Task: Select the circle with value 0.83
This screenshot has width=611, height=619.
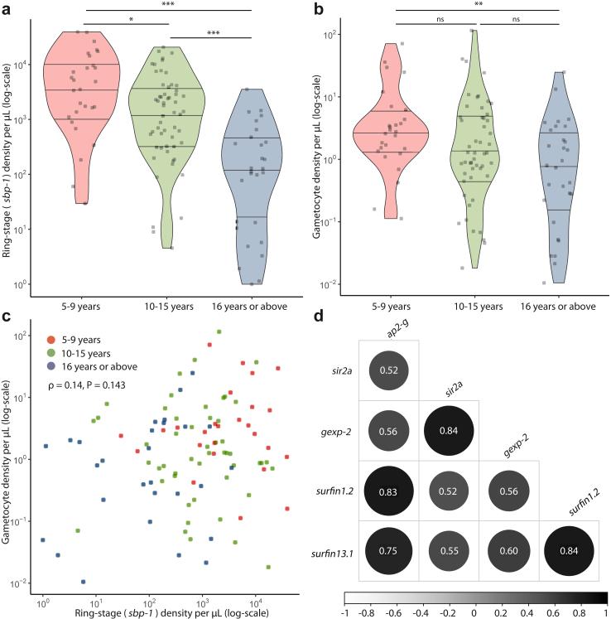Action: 388,491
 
